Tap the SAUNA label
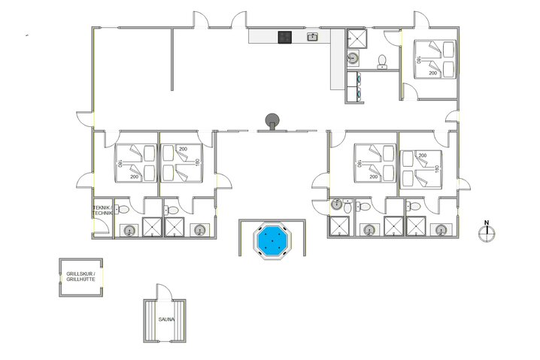pyautogui.click(x=166, y=319)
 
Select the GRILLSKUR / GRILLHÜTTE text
pyautogui.click(x=80, y=277)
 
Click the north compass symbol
pyautogui.click(x=487, y=234)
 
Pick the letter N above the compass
pyautogui.click(x=487, y=222)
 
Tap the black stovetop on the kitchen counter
pyautogui.click(x=285, y=37)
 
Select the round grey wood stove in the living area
pyautogui.click(x=271, y=119)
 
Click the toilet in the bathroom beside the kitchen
pyautogui.click(x=382, y=59)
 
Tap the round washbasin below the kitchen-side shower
pyautogui.click(x=351, y=59)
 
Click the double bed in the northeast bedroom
pyautogui.click(x=434, y=58)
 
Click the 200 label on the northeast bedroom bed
pyautogui.click(x=432, y=73)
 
